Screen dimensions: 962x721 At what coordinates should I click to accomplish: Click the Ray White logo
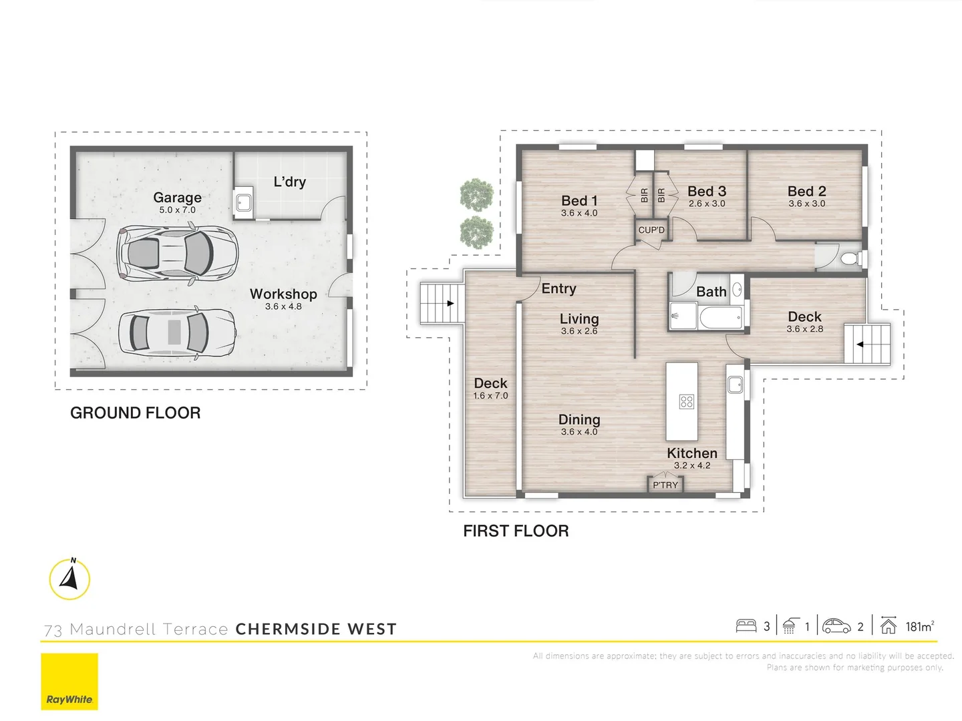pyautogui.click(x=69, y=681)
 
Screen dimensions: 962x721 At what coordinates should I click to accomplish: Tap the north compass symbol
pyautogui.click(x=69, y=579)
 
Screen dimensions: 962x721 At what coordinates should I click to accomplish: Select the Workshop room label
pyautogui.click(x=283, y=294)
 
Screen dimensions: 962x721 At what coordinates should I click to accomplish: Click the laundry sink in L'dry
pyautogui.click(x=243, y=202)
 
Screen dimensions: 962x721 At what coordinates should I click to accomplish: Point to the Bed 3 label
pyautogui.click(x=707, y=192)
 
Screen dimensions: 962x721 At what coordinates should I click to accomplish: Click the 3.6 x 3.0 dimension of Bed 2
pyautogui.click(x=806, y=204)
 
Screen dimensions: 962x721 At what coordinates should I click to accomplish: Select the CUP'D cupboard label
pyautogui.click(x=651, y=230)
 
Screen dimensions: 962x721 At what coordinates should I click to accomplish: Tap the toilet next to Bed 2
pyautogui.click(x=852, y=259)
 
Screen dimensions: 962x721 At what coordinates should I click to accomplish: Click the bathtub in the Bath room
pyautogui.click(x=721, y=316)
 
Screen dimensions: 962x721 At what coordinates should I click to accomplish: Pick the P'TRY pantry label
pyautogui.click(x=665, y=485)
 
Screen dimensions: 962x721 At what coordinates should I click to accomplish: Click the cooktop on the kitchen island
pyautogui.click(x=686, y=401)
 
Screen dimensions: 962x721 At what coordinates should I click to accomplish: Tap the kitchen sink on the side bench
pyautogui.click(x=735, y=385)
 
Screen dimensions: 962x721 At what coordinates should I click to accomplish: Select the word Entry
pyautogui.click(x=558, y=288)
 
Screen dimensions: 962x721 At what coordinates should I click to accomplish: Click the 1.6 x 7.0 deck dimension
pyautogui.click(x=490, y=396)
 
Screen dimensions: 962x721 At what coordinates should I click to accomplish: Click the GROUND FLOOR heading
pyautogui.click(x=136, y=413)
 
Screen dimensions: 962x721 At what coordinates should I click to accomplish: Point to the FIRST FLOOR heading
pyautogui.click(x=516, y=531)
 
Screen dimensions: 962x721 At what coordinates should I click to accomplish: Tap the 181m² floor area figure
pyautogui.click(x=920, y=626)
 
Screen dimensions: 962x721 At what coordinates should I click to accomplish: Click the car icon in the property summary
pyautogui.click(x=836, y=626)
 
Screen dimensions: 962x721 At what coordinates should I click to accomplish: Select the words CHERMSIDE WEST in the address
pyautogui.click(x=316, y=629)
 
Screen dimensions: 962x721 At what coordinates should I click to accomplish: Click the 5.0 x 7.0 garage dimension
pyautogui.click(x=177, y=210)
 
